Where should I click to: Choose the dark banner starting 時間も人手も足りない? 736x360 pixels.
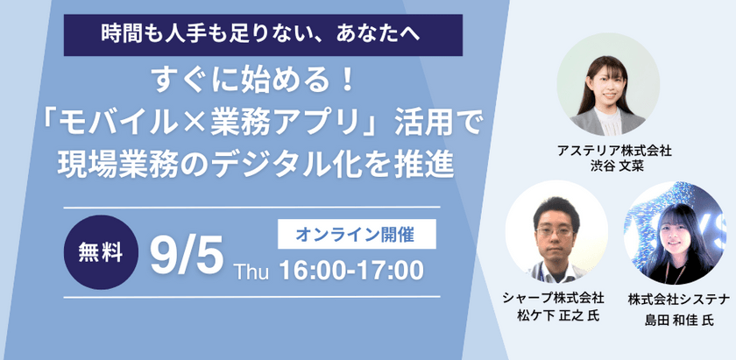pos(262,35)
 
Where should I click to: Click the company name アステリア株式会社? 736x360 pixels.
pos(608,151)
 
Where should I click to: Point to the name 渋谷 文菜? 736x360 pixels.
pos(608,166)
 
